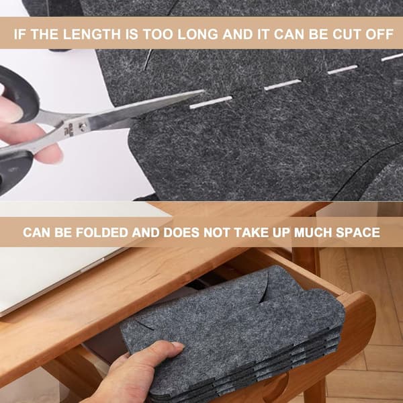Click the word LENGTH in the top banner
(92, 34)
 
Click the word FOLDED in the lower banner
(102, 232)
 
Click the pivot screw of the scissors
(83, 126)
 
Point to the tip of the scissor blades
(204, 91)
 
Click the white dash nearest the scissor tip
(211, 102)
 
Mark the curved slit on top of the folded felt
(263, 288)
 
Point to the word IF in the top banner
(19, 34)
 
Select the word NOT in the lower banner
(216, 232)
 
